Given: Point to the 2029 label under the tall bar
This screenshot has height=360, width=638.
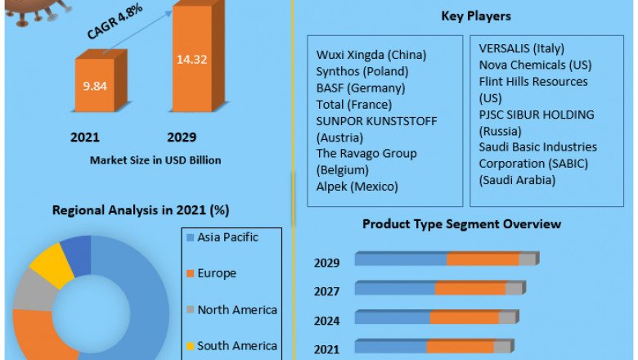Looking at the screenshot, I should click(181, 137).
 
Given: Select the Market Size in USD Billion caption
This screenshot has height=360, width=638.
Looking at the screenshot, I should click(155, 160).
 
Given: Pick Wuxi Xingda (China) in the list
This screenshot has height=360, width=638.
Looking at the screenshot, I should click(371, 56).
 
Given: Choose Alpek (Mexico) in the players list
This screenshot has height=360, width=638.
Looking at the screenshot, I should click(357, 187).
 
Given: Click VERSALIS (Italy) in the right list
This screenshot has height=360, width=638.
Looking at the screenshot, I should click(522, 49).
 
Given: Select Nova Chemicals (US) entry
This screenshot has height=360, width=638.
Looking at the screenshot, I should click(536, 65).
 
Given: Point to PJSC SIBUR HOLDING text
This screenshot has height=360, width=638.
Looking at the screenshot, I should click(537, 115).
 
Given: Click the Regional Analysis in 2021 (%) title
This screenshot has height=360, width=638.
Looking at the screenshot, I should click(140, 210).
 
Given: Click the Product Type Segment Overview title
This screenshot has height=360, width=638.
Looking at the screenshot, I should click(461, 223).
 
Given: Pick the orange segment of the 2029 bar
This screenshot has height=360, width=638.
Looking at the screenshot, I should click(483, 259).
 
